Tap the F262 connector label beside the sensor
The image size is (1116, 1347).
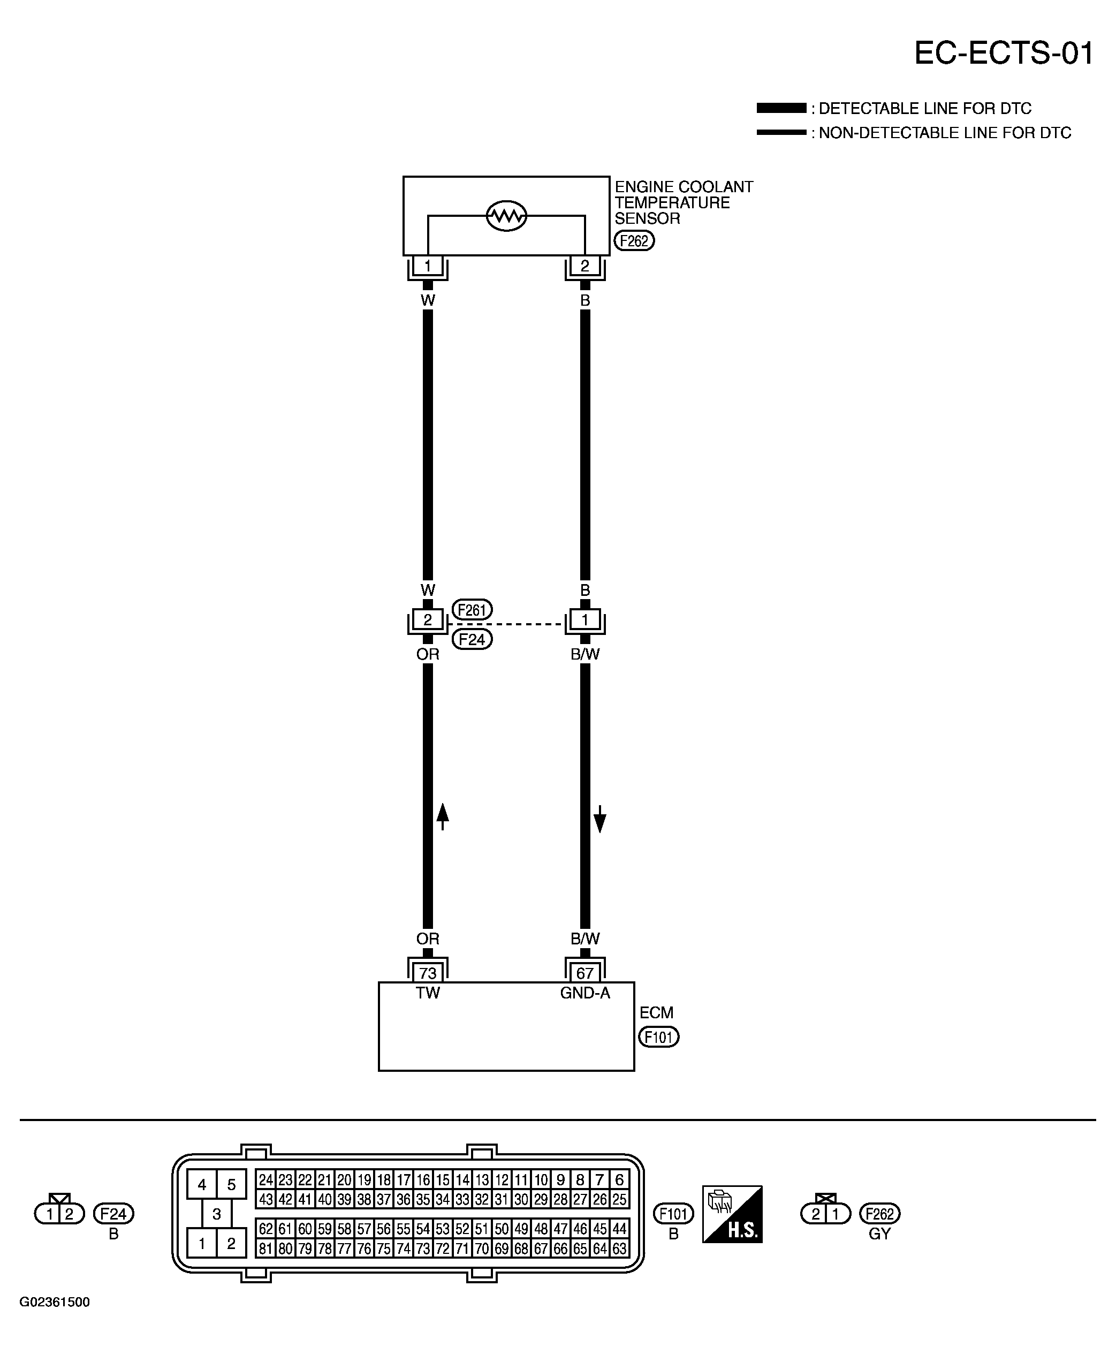pyautogui.click(x=634, y=241)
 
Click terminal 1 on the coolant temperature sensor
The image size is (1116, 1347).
pyautogui.click(x=428, y=265)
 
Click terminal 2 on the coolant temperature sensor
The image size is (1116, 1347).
pyautogui.click(x=585, y=265)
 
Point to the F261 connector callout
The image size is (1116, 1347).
pyautogui.click(x=472, y=609)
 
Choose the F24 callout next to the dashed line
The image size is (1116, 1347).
pyautogui.click(x=472, y=640)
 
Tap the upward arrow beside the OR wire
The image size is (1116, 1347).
pyautogui.click(x=443, y=816)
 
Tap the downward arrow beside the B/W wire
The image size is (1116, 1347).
pyautogui.click(x=599, y=819)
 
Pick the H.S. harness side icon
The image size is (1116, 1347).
pyautogui.click(x=732, y=1214)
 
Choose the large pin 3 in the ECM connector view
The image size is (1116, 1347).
pyautogui.click(x=217, y=1214)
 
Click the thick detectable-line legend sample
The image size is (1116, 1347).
pyautogui.click(x=781, y=108)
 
